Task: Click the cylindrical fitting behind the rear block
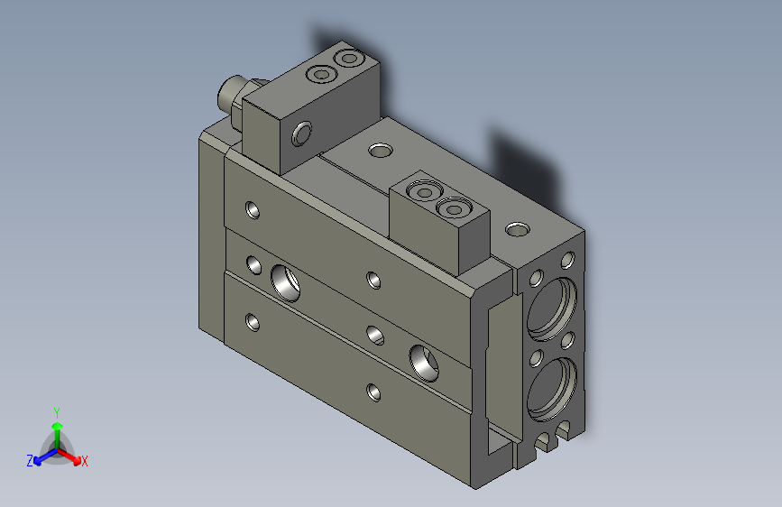coord(231,94)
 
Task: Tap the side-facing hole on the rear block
coord(301,134)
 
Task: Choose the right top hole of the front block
coord(450,209)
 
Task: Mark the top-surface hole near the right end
coord(518,229)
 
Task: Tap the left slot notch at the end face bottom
coord(543,443)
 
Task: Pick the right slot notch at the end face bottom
coord(564,430)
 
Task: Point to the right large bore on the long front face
coord(422,360)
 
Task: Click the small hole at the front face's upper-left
coord(253,211)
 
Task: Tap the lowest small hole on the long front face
coord(373,392)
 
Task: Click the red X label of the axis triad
coord(85,461)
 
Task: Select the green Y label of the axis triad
coord(56,410)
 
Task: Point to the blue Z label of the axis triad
coord(30,460)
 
